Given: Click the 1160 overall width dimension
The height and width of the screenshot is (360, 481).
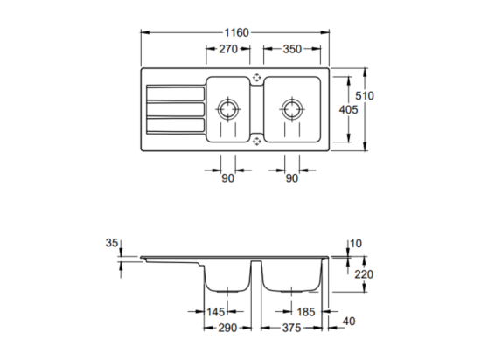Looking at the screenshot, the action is tap(236, 32).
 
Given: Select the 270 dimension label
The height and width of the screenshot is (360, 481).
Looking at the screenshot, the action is tap(228, 49).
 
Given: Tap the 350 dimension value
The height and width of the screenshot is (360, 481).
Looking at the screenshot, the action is tap(292, 49).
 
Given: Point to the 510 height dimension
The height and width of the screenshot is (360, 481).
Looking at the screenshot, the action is tap(365, 96).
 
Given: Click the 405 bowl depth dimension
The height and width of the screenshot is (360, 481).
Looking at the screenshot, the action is tap(348, 110).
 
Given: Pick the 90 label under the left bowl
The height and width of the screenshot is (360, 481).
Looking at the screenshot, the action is tap(227, 178).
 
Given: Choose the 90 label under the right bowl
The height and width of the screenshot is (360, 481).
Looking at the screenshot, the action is tap(292, 178).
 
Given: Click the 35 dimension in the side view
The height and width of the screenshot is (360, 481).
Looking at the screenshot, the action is tap(112, 243).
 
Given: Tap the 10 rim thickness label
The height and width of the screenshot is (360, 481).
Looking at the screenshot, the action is tap(356, 244).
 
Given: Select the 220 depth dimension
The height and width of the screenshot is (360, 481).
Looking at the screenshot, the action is tap(364, 274).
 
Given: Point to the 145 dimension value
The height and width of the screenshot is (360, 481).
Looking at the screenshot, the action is tap(216, 312).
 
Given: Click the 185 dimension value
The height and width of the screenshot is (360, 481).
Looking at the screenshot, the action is tap(306, 312).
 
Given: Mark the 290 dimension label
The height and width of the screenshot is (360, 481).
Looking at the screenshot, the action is tap(227, 328).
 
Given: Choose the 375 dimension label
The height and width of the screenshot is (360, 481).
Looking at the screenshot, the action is tap(292, 328).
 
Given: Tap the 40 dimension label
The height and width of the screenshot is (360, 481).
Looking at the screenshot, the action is tap(349, 321).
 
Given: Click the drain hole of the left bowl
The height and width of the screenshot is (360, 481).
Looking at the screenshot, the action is tap(228, 109).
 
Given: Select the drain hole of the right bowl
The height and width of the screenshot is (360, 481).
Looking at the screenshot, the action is tap(292, 109).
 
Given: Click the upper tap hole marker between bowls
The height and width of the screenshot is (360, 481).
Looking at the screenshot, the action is tap(256, 78).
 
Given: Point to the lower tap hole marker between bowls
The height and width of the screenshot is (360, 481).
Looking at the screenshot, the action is tap(256, 142).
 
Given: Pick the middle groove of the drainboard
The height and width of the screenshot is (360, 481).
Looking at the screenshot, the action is tap(176, 109).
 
